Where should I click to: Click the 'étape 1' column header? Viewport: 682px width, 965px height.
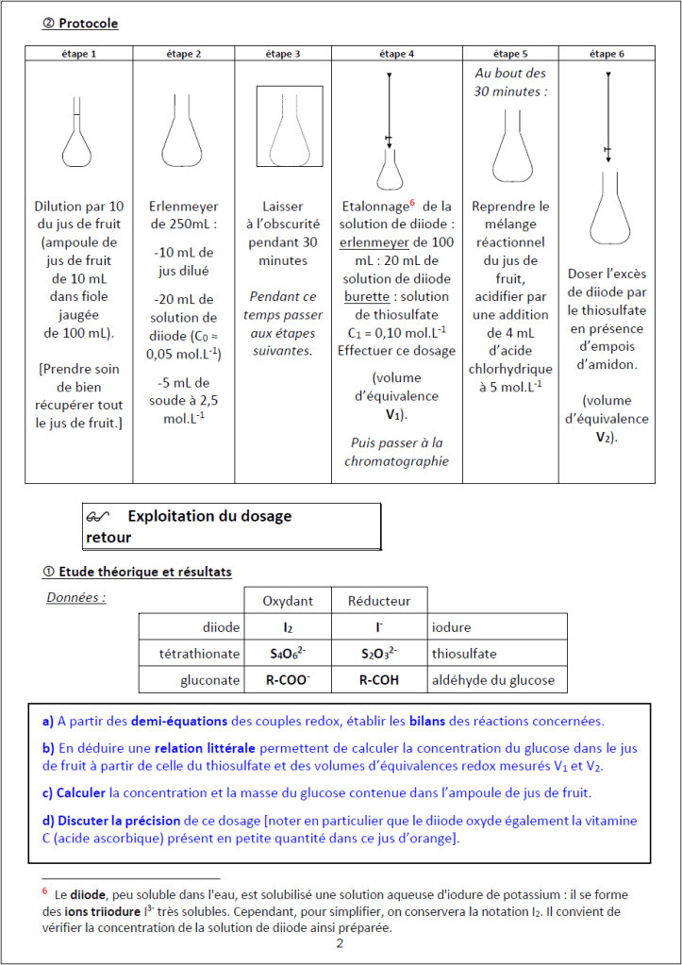(x=79, y=54)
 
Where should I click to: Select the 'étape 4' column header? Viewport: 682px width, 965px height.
(x=395, y=54)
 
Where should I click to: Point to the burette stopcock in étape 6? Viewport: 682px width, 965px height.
(x=607, y=151)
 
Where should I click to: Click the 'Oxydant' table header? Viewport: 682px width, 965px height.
(x=288, y=600)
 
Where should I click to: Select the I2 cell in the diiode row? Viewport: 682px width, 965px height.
(x=288, y=627)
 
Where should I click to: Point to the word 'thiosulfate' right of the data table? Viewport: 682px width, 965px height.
(x=464, y=654)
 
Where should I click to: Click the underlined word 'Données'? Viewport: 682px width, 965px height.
(x=75, y=597)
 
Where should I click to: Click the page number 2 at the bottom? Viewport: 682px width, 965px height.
(x=340, y=944)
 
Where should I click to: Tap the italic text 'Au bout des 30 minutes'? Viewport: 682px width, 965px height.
(x=510, y=82)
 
